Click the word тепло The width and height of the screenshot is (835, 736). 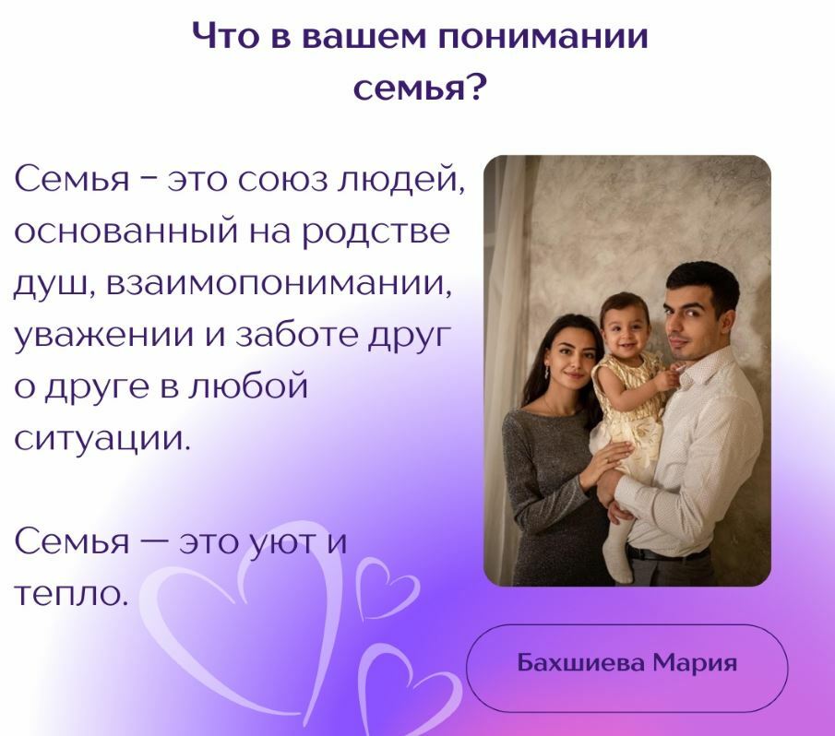68,594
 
